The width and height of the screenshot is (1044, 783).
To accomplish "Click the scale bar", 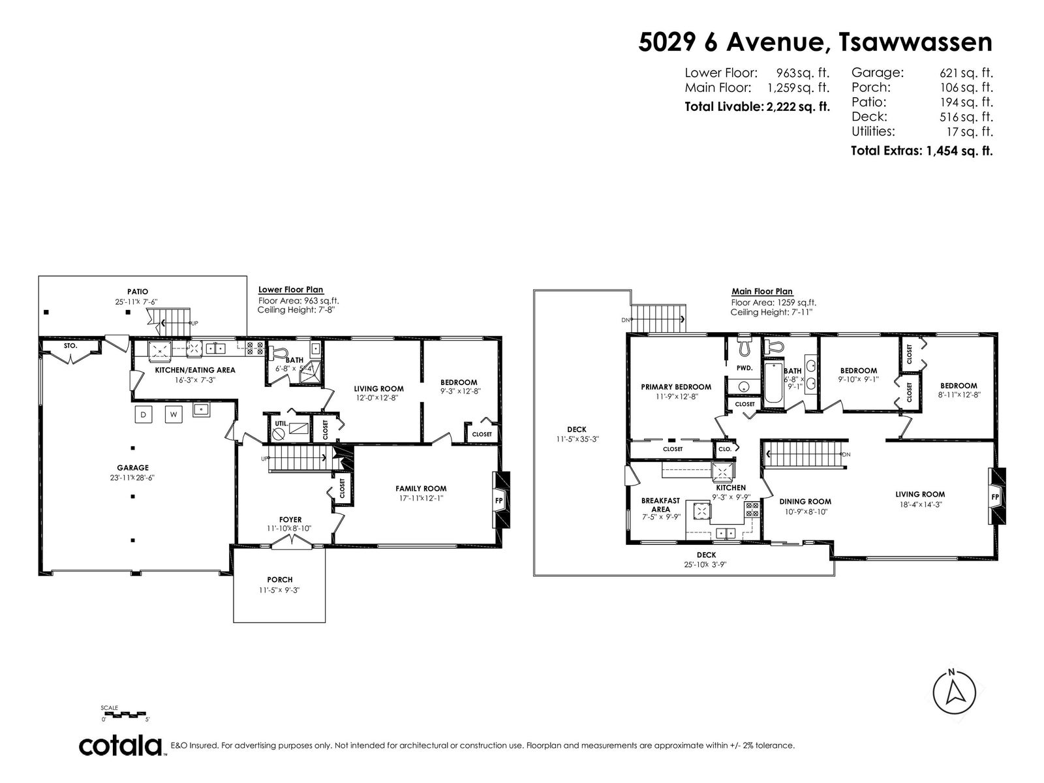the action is point(125,714).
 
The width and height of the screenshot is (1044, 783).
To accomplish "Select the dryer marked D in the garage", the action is point(143,414).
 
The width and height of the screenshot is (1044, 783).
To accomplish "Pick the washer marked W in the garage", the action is point(174,414).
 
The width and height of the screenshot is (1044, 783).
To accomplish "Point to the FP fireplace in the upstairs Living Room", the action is point(996,497).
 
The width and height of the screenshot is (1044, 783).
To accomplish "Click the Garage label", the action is point(132,468).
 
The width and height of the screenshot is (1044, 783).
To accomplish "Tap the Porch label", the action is point(280,579).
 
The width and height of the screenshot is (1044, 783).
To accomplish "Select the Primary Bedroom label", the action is point(676,387).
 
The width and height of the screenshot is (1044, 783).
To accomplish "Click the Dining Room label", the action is point(805,502).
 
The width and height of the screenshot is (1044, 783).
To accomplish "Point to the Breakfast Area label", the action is point(660,505).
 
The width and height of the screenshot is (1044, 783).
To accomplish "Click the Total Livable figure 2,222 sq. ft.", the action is point(798,106).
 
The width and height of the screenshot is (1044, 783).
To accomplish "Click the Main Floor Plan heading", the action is point(762,292).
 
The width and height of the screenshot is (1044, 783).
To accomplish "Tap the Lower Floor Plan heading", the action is point(290,290).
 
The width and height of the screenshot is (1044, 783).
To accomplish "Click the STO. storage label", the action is point(70,346).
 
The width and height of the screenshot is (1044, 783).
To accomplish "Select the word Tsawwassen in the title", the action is point(915,42).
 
